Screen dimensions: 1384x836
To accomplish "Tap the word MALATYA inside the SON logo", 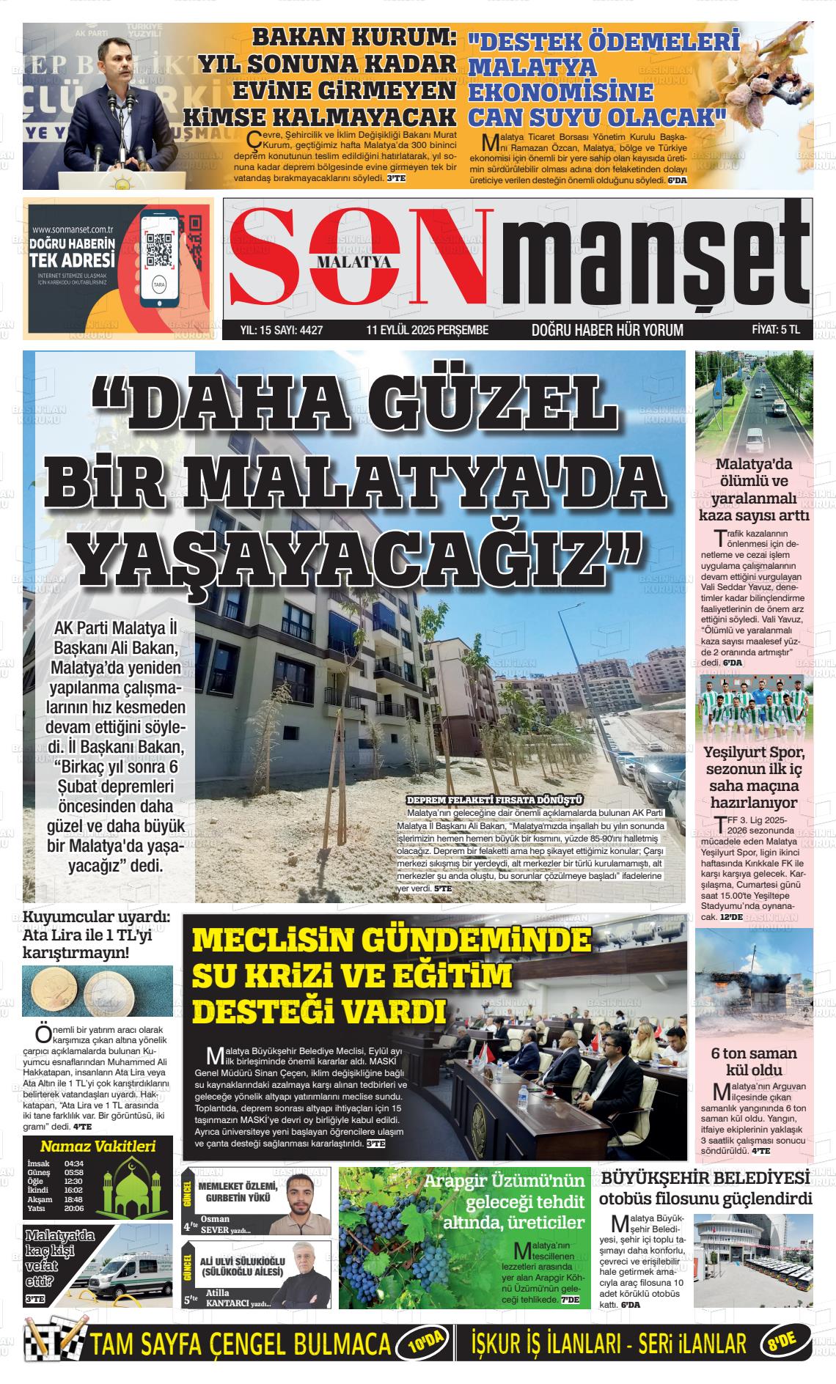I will point(353,260).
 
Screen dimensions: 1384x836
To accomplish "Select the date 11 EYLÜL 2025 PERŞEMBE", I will point(427,330).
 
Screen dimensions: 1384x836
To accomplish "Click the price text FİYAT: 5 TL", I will point(775,330).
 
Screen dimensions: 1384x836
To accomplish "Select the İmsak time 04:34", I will point(74,1163).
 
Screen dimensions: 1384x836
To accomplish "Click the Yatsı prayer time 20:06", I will point(74,1208).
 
